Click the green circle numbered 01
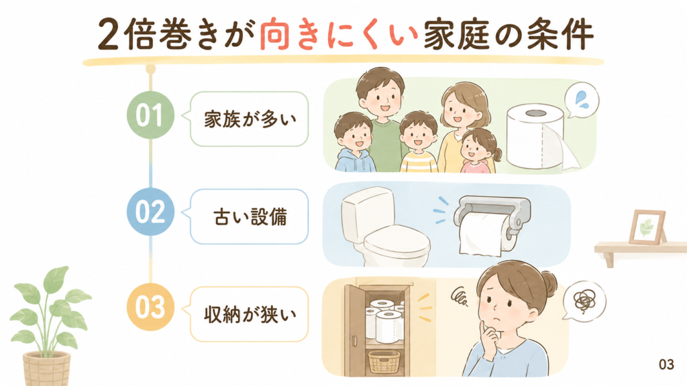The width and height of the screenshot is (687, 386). pyautogui.click(x=150, y=115)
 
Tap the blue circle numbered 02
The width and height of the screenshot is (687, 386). pyautogui.click(x=150, y=212)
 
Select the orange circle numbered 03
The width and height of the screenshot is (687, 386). pyautogui.click(x=150, y=307)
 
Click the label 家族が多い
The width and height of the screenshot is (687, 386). pyautogui.click(x=250, y=119)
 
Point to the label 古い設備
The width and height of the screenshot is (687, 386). pyautogui.click(x=250, y=216)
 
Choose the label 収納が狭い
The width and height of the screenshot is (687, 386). pyautogui.click(x=250, y=314)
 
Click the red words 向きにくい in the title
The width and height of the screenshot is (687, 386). pyautogui.click(x=338, y=35)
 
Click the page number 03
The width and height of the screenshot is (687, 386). pyautogui.click(x=666, y=364)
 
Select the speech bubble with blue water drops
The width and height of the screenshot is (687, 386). pyautogui.click(x=582, y=101)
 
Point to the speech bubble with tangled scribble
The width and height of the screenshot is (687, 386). pyautogui.click(x=584, y=301)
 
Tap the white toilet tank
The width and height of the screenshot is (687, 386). pyautogui.click(x=367, y=212)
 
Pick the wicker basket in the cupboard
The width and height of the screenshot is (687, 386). pyautogui.click(x=384, y=361)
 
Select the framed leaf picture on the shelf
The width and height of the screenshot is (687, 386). pyautogui.click(x=647, y=227)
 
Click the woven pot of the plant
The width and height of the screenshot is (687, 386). pyautogui.click(x=46, y=369)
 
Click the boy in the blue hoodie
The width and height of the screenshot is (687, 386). pyautogui.click(x=354, y=142)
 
